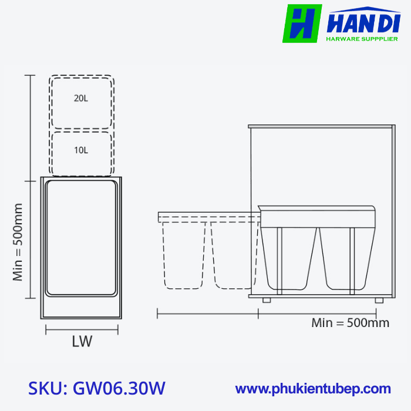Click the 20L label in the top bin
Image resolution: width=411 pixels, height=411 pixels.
coord(81,99)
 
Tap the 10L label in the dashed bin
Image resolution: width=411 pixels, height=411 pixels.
coord(81,150)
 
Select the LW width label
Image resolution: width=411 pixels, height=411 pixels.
coord(82,342)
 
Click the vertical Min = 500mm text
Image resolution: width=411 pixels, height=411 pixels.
coord(18,242)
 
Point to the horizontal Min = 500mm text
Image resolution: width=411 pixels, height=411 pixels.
coord(350,322)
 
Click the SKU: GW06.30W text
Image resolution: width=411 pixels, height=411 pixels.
coord(97,388)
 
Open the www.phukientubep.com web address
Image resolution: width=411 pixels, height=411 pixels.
coord(313,388)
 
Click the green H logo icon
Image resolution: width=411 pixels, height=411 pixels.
coord(302,23)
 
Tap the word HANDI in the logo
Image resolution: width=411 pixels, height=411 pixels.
coord(362,23)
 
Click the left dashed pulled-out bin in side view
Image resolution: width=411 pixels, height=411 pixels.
coord(184,255)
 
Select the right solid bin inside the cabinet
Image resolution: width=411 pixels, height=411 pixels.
coord(346,258)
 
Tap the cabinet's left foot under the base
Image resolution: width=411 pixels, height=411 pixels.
coord(267,300)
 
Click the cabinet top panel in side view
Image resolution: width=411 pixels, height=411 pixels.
coord(321,126)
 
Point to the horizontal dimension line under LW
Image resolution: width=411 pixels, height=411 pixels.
coord(82,330)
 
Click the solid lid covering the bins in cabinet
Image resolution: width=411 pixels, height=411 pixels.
coord(316,216)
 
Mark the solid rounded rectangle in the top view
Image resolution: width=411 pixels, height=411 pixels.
coord(81,237)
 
